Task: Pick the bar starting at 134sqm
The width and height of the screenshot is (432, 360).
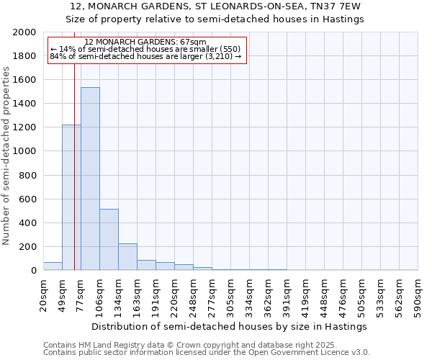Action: pyautogui.click(x=127, y=256)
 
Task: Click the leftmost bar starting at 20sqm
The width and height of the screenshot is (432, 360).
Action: pyautogui.click(x=53, y=266)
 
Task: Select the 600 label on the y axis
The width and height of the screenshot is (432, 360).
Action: pyautogui.click(x=29, y=199)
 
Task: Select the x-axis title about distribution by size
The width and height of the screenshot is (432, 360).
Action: pyautogui.click(x=230, y=326)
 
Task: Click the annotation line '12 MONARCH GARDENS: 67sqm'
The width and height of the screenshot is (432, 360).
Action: pyautogui.click(x=145, y=42)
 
